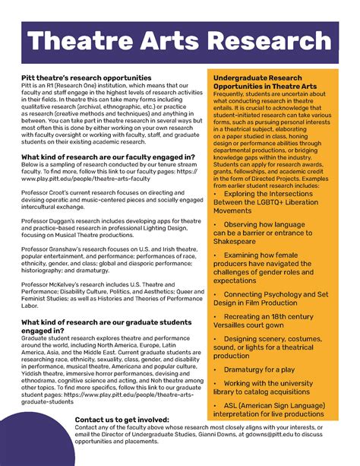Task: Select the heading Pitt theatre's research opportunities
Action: point(87,78)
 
